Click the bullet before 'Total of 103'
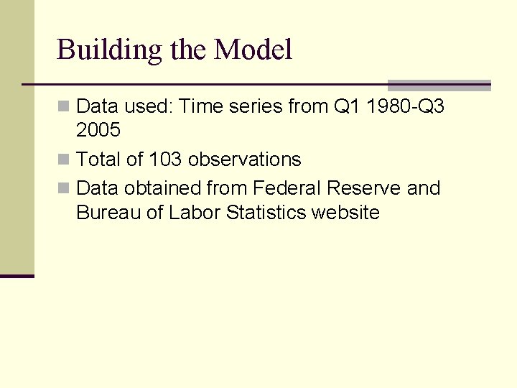64,160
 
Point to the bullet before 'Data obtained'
64,189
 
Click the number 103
165,159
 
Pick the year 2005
98,131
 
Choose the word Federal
283,188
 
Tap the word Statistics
266,213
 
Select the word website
345,213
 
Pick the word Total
97,159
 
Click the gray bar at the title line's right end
439,85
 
